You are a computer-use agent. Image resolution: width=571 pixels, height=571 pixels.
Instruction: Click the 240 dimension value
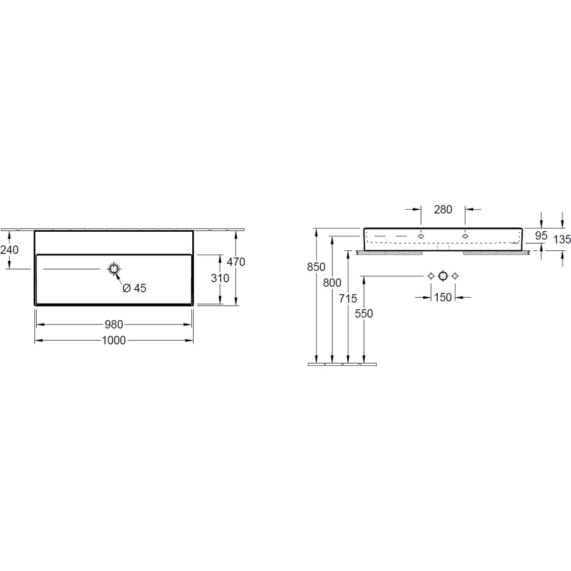[10, 250]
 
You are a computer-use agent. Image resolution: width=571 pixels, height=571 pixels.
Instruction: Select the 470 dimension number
[236, 262]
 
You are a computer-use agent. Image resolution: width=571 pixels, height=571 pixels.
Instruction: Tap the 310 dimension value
[220, 278]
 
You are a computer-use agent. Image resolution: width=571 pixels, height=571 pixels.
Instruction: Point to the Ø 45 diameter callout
[135, 288]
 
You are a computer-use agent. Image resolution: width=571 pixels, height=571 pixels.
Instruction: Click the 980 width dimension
[114, 325]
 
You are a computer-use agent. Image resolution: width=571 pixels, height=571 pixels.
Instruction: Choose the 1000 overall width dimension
[114, 341]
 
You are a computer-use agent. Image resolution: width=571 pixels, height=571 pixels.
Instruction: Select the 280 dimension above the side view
[443, 209]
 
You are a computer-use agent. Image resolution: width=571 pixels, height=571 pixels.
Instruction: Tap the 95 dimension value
[541, 236]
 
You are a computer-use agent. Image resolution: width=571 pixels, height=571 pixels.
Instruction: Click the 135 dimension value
[562, 239]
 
